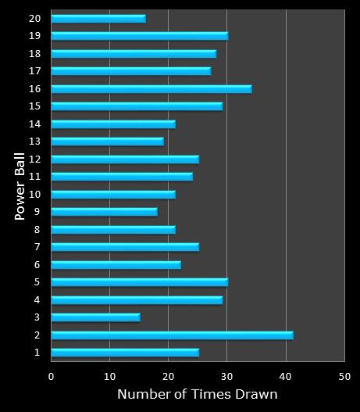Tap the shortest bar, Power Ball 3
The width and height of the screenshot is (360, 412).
click(x=95, y=317)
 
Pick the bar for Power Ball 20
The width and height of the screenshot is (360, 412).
click(x=98, y=18)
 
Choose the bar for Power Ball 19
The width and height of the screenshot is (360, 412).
click(x=139, y=35)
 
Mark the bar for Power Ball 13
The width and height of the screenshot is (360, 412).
click(x=107, y=141)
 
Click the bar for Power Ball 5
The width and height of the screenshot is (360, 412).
click(x=139, y=281)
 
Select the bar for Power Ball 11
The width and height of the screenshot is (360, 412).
click(x=121, y=176)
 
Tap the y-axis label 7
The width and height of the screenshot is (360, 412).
click(x=36, y=247)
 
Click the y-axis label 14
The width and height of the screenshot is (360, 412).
click(x=34, y=124)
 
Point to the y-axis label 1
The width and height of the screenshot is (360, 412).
click(x=36, y=353)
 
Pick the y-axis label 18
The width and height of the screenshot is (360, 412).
click(x=34, y=53)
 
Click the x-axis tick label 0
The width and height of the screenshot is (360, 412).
click(x=52, y=376)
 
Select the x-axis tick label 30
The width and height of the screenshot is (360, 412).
click(x=227, y=376)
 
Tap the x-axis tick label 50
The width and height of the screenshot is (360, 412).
click(x=344, y=376)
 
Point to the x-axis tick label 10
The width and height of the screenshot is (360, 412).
click(x=110, y=376)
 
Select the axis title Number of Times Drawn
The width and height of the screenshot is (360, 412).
click(x=197, y=395)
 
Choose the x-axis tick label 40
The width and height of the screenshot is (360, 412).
click(x=286, y=376)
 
